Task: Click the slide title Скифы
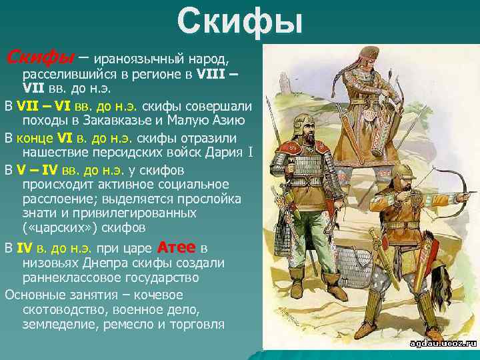pos(240,21)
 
